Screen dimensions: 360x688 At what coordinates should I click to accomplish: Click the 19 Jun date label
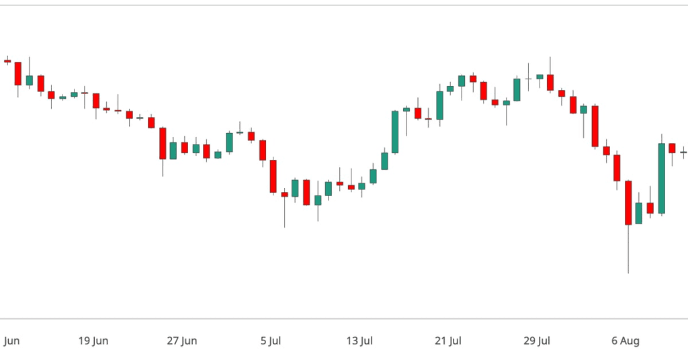(x=93, y=341)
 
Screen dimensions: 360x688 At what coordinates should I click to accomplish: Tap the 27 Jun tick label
(x=182, y=341)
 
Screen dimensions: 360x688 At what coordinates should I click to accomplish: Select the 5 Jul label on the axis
(x=271, y=341)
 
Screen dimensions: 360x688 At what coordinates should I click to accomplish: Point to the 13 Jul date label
(x=359, y=341)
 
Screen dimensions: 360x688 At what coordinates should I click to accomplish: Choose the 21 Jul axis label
(x=448, y=341)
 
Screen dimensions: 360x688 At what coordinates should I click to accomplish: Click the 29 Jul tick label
(x=537, y=341)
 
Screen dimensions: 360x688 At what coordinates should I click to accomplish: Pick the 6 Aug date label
(x=626, y=341)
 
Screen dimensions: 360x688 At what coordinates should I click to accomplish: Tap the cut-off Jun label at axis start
(x=11, y=341)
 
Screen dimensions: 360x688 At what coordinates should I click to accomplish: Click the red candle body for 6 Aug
(x=628, y=202)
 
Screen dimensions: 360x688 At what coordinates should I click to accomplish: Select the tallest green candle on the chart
(x=662, y=179)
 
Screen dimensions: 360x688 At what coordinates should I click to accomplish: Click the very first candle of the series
(x=7, y=60)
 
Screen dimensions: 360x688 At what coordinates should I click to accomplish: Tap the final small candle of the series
(x=684, y=152)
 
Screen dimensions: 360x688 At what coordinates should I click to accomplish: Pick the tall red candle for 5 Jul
(x=273, y=176)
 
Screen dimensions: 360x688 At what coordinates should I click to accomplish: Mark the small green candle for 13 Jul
(x=361, y=186)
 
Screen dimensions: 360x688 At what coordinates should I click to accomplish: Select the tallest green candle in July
(x=395, y=132)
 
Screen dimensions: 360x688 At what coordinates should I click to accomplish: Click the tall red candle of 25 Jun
(x=163, y=143)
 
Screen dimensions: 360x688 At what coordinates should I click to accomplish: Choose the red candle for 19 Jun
(x=96, y=101)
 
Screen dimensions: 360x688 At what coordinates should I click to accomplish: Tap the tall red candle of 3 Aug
(x=595, y=126)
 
